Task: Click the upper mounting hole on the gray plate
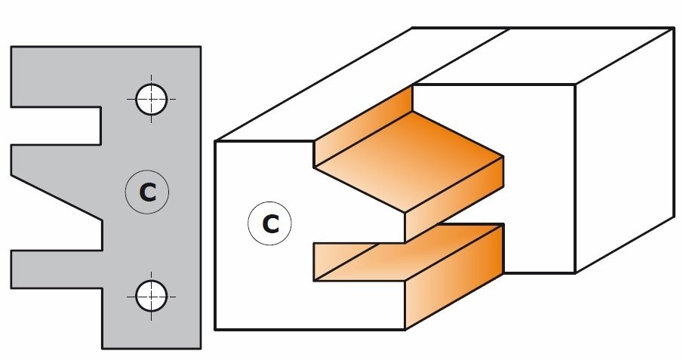[151, 100]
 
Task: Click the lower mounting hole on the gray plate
[151, 297]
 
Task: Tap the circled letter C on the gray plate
[147, 192]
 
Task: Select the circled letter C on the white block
[269, 223]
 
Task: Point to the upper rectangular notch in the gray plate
[56, 126]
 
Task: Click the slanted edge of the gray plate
[56, 198]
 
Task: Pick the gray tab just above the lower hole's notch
[57, 269]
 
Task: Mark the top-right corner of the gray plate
[201, 47]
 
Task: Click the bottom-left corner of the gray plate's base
[103, 348]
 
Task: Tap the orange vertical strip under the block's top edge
[363, 126]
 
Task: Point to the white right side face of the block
[625, 150]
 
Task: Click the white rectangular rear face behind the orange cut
[538, 179]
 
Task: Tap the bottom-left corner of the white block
[215, 330]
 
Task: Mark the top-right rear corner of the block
[674, 29]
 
